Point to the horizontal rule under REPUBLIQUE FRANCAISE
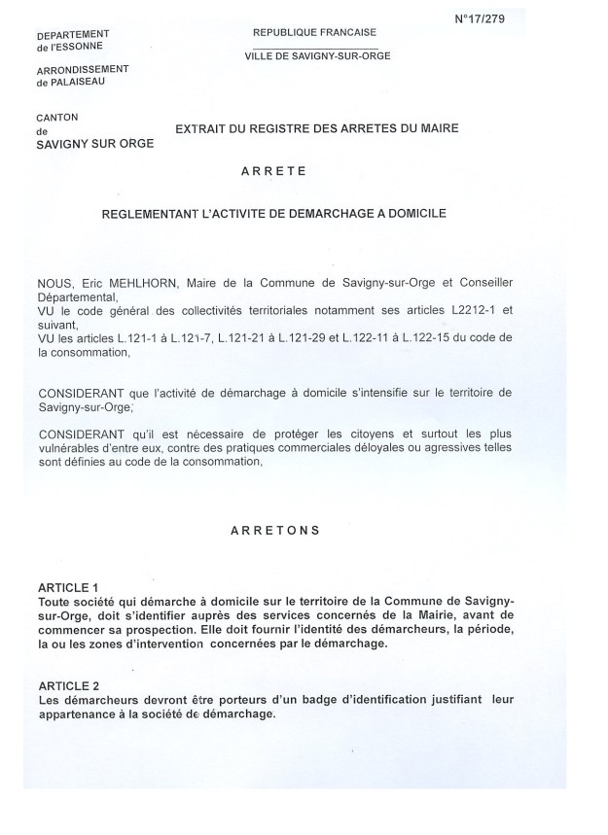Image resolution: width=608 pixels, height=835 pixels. pyautogui.click(x=314, y=48)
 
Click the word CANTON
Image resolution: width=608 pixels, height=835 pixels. pyautogui.click(x=54, y=117)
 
